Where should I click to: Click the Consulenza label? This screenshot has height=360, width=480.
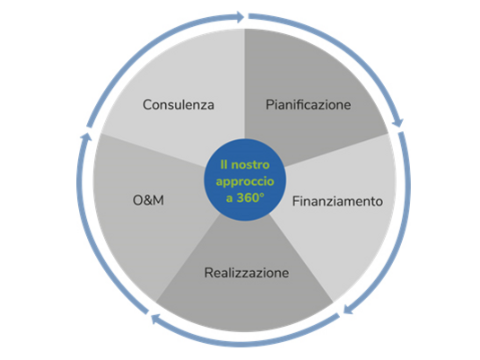(x=179, y=105)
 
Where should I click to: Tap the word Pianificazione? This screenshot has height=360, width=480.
(x=309, y=105)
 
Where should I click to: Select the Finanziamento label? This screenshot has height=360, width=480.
(x=337, y=201)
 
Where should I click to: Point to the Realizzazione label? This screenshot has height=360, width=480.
(x=247, y=273)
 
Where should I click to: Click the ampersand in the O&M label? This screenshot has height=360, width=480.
(x=148, y=200)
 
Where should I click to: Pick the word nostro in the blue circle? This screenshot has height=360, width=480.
(x=250, y=165)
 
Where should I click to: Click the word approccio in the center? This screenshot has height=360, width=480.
(x=245, y=181)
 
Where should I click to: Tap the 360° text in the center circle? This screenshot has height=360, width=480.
(x=250, y=198)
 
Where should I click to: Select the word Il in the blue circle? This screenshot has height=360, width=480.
(x=223, y=165)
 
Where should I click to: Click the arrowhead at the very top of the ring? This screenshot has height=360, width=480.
(x=240, y=17)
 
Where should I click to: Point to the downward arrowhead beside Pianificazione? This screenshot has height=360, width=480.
(x=398, y=122)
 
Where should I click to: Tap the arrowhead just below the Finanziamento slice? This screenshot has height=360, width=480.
(x=348, y=309)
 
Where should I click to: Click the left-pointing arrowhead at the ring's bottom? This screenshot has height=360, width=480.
(x=156, y=319)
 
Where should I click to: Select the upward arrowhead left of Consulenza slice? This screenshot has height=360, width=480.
(x=85, y=137)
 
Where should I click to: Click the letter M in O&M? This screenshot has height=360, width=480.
(x=158, y=200)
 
